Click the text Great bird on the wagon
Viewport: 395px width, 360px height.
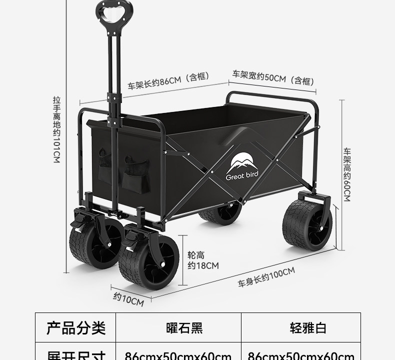(x=241, y=176)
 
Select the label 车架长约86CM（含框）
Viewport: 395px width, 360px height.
(x=167, y=80)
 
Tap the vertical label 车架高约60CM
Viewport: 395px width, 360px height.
(x=346, y=174)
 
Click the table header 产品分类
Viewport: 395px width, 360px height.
(x=76, y=328)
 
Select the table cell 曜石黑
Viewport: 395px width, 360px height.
(x=184, y=328)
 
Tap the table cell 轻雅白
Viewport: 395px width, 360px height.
(x=307, y=328)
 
